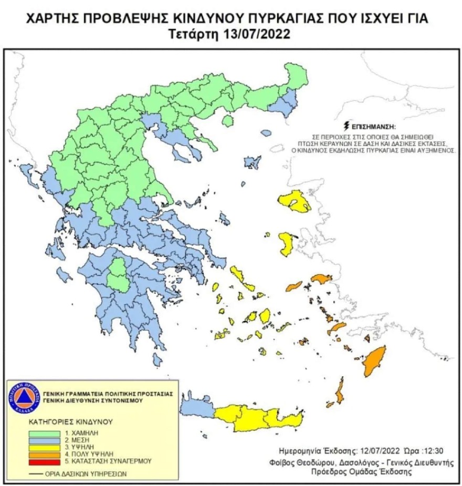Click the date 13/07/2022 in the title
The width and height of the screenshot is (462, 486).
coord(255,35)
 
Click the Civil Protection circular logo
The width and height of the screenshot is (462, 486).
coord(24,397)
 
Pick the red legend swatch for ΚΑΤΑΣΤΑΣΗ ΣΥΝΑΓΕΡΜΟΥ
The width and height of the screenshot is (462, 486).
coord(45,461)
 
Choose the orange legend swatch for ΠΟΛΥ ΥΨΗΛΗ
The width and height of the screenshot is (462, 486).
coord(45,453)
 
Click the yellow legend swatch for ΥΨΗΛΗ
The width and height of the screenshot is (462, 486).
coord(45,446)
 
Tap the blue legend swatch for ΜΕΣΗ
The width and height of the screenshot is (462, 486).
coord(45,439)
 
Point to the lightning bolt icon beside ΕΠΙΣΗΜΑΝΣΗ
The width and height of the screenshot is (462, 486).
coord(345,126)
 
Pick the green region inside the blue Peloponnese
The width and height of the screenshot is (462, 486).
coord(119,274)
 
